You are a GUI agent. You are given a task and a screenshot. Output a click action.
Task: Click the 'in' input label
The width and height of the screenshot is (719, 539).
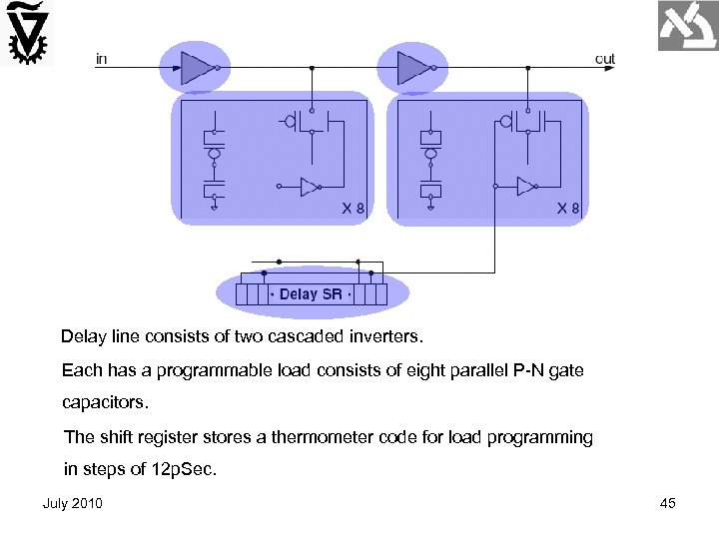(x=101, y=59)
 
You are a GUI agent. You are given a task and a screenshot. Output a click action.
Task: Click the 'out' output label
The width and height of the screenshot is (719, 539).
(x=605, y=59)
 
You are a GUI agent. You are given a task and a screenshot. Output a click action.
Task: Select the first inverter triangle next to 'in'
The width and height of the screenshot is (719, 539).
(x=196, y=68)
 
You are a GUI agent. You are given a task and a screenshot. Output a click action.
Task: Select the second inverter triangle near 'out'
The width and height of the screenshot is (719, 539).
(x=412, y=68)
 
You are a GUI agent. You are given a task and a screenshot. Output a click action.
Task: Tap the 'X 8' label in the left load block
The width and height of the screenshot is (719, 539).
(x=353, y=210)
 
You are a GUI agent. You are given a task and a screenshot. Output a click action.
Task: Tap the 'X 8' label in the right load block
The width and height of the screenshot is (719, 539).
(x=568, y=210)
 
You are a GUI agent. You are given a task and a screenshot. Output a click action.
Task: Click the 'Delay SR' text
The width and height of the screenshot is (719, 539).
(x=311, y=294)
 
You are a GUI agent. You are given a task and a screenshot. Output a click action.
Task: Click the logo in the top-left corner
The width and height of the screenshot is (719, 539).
(x=28, y=33)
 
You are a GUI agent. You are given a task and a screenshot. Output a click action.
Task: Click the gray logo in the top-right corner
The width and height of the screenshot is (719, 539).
(x=687, y=26)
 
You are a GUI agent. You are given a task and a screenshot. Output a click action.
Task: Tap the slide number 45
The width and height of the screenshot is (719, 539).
(x=668, y=503)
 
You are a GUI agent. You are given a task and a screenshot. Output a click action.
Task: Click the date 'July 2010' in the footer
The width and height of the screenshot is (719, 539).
(x=72, y=503)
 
